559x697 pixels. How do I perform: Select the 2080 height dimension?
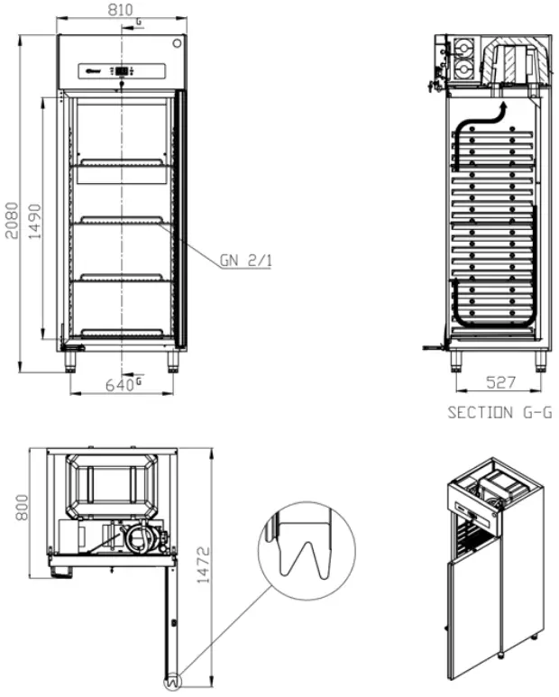tap(9, 216)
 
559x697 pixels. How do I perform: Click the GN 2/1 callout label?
tap(245, 261)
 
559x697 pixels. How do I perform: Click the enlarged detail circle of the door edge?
tap(302, 558)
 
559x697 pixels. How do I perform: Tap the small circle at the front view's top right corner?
tap(178, 42)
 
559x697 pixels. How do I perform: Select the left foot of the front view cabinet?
tap(69, 361)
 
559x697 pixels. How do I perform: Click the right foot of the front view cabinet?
tap(173, 361)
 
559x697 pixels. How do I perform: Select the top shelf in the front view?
tap(122, 163)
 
